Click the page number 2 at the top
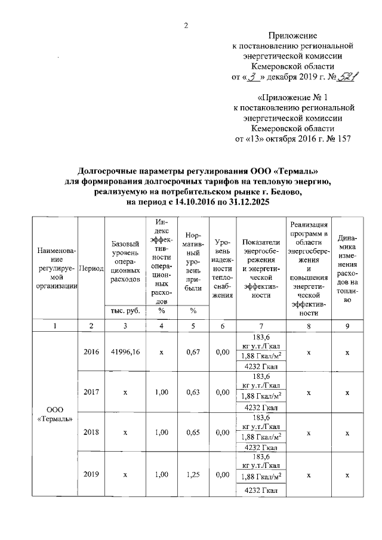186,25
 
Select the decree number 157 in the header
342,139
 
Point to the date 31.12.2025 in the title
246,203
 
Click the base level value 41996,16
125,353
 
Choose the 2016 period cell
91,353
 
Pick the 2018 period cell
91,432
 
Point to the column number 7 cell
261,326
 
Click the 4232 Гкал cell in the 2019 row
261,490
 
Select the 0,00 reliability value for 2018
223,432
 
